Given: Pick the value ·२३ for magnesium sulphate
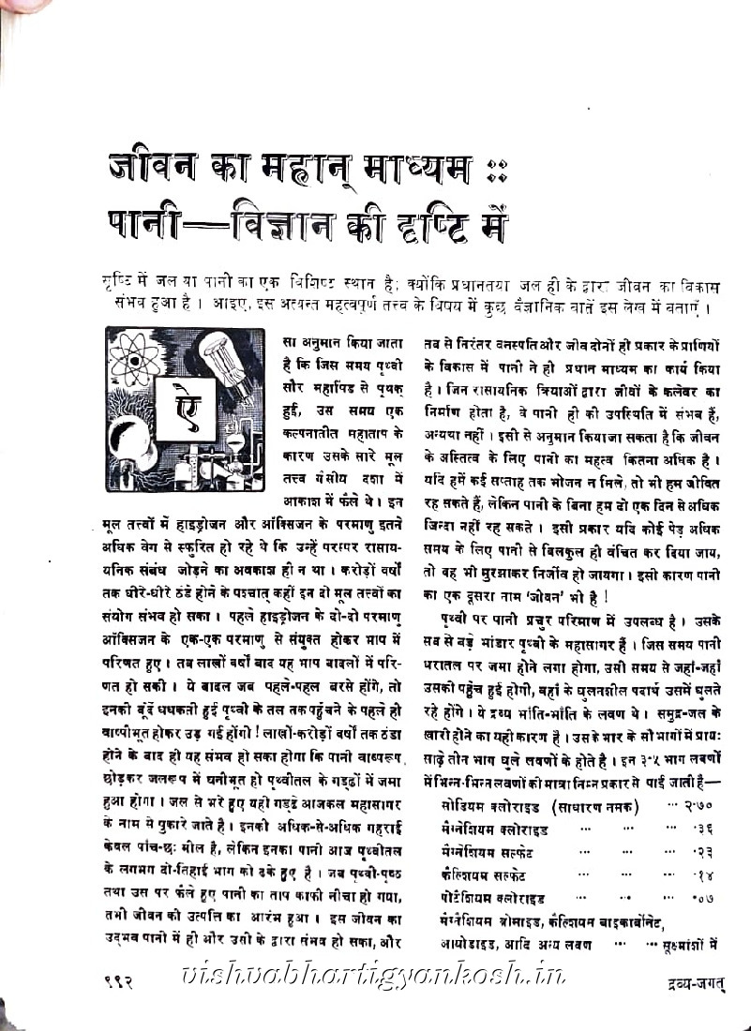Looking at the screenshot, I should tap(705, 851).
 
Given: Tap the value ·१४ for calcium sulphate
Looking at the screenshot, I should tap(705, 874).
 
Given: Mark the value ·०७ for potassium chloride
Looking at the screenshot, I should tap(705, 897).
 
